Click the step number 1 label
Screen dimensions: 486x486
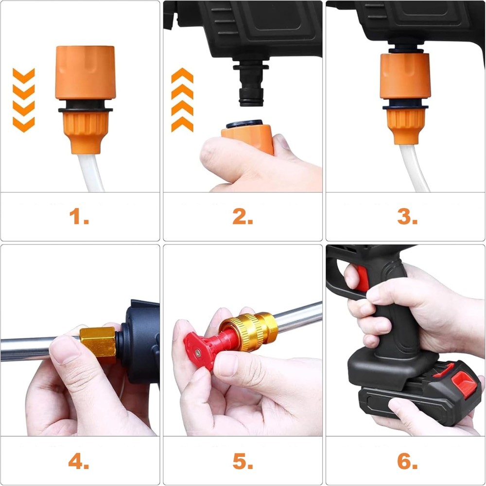click(x=79, y=216)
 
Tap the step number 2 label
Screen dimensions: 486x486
click(x=243, y=216)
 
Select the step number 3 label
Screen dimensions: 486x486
click(x=407, y=216)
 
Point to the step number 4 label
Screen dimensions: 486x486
click(x=78, y=461)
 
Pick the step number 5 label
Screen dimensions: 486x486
click(x=243, y=461)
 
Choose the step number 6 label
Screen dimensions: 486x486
click(x=407, y=461)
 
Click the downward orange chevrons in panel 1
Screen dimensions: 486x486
click(x=23, y=100)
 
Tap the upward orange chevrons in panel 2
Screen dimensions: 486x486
click(x=182, y=100)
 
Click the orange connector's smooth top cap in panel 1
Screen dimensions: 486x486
click(x=86, y=72)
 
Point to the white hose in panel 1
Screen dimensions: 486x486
click(x=91, y=173)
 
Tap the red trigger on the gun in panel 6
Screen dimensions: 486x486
click(x=362, y=278)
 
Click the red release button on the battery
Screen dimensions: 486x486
click(x=464, y=384)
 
